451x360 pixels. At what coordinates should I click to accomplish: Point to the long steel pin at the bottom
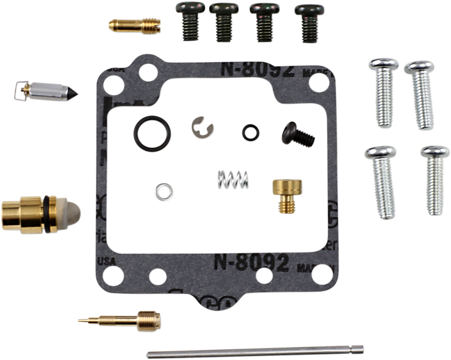(254, 351)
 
